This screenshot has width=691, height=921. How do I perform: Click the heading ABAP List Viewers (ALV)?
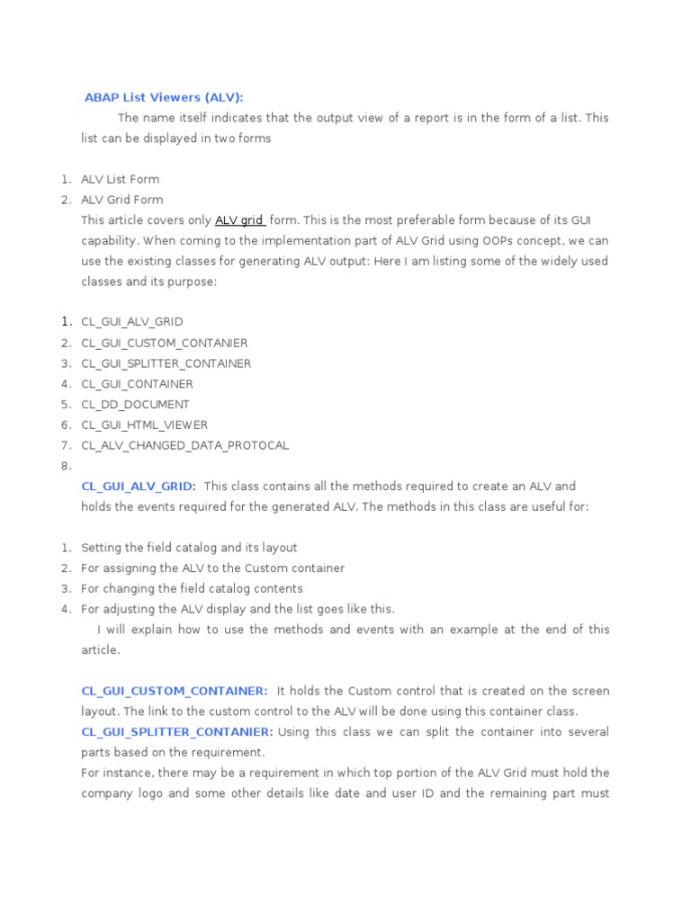pyautogui.click(x=164, y=97)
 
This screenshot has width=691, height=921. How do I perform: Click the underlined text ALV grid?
pyautogui.click(x=239, y=220)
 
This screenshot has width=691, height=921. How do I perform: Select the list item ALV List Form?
pyautogui.click(x=121, y=179)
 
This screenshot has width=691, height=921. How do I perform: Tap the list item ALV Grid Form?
pyautogui.click(x=122, y=200)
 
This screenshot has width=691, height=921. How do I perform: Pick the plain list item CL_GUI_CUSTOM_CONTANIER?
pyautogui.click(x=165, y=343)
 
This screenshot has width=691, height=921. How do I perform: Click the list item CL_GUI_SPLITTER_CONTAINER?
pyautogui.click(x=166, y=363)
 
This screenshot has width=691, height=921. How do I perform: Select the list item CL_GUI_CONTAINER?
pyautogui.click(x=137, y=384)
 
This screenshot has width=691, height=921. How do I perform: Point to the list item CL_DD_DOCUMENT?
pyautogui.click(x=135, y=405)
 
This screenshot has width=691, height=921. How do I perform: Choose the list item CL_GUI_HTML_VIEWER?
pyautogui.click(x=145, y=425)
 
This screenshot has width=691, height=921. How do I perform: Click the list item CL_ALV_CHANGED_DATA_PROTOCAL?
pyautogui.click(x=185, y=445)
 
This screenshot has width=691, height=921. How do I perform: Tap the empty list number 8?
pyautogui.click(x=66, y=466)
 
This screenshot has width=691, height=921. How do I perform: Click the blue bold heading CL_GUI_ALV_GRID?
pyautogui.click(x=139, y=487)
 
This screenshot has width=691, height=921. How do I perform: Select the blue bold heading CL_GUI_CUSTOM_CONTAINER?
pyautogui.click(x=175, y=691)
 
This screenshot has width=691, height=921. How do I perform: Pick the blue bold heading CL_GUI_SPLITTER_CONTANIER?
pyautogui.click(x=177, y=732)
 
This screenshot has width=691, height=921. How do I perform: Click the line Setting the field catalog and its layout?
pyautogui.click(x=189, y=548)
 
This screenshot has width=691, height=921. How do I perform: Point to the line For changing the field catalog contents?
pyautogui.click(x=192, y=588)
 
